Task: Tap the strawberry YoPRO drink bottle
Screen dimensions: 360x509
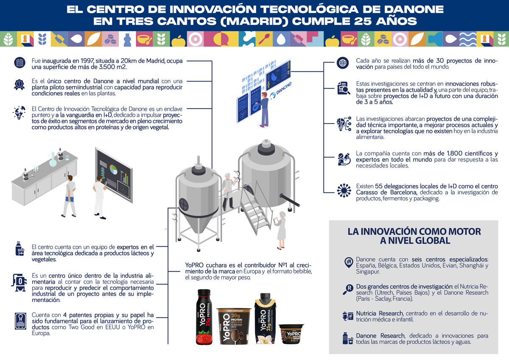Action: [204, 317]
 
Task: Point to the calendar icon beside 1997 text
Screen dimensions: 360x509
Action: [19, 63]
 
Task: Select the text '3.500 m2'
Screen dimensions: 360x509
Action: [118, 67]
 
